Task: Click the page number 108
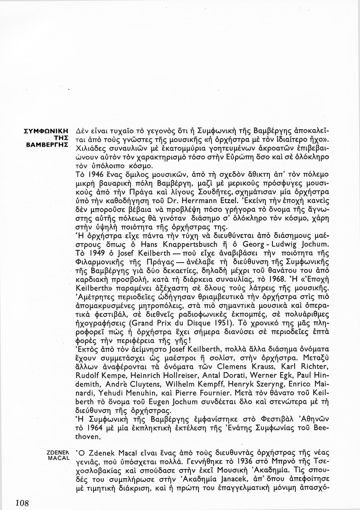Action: click(21, 503)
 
